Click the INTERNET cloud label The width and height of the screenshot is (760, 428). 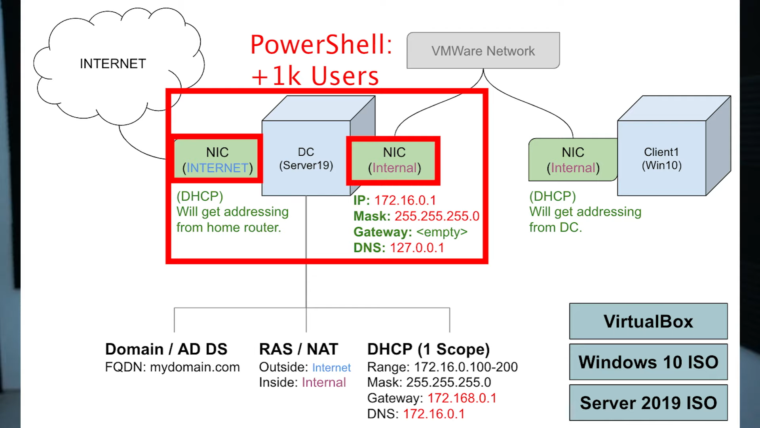pyautogui.click(x=113, y=63)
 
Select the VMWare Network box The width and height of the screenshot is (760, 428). pyautogui.click(x=483, y=50)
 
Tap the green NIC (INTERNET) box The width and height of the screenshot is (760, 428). pyautogui.click(x=217, y=159)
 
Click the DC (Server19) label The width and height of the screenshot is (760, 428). pyautogui.click(x=306, y=159)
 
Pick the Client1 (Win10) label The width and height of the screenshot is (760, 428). pyautogui.click(x=661, y=159)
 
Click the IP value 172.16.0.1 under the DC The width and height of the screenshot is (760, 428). pyautogui.click(x=405, y=200)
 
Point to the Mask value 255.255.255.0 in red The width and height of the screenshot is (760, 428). pyautogui.click(x=437, y=216)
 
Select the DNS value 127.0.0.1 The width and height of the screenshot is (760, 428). pyautogui.click(x=417, y=248)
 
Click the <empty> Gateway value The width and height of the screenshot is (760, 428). pyautogui.click(x=442, y=232)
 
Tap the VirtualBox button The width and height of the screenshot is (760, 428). pyautogui.click(x=648, y=321)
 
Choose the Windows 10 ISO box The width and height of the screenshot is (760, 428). pyautogui.click(x=648, y=362)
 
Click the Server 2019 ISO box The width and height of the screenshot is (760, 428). pyautogui.click(x=648, y=403)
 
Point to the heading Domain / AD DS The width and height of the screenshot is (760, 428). pyautogui.click(x=166, y=349)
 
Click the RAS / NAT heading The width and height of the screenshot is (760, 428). pyautogui.click(x=298, y=349)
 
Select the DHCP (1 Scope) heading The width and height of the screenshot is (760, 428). pyautogui.click(x=429, y=350)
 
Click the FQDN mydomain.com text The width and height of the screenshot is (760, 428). pyautogui.click(x=172, y=367)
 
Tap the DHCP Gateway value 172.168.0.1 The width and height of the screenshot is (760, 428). pyautogui.click(x=462, y=398)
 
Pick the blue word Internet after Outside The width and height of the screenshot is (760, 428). pyautogui.click(x=331, y=367)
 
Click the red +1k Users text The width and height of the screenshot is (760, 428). pyautogui.click(x=315, y=76)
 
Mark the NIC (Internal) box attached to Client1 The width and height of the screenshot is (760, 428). pyautogui.click(x=573, y=159)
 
